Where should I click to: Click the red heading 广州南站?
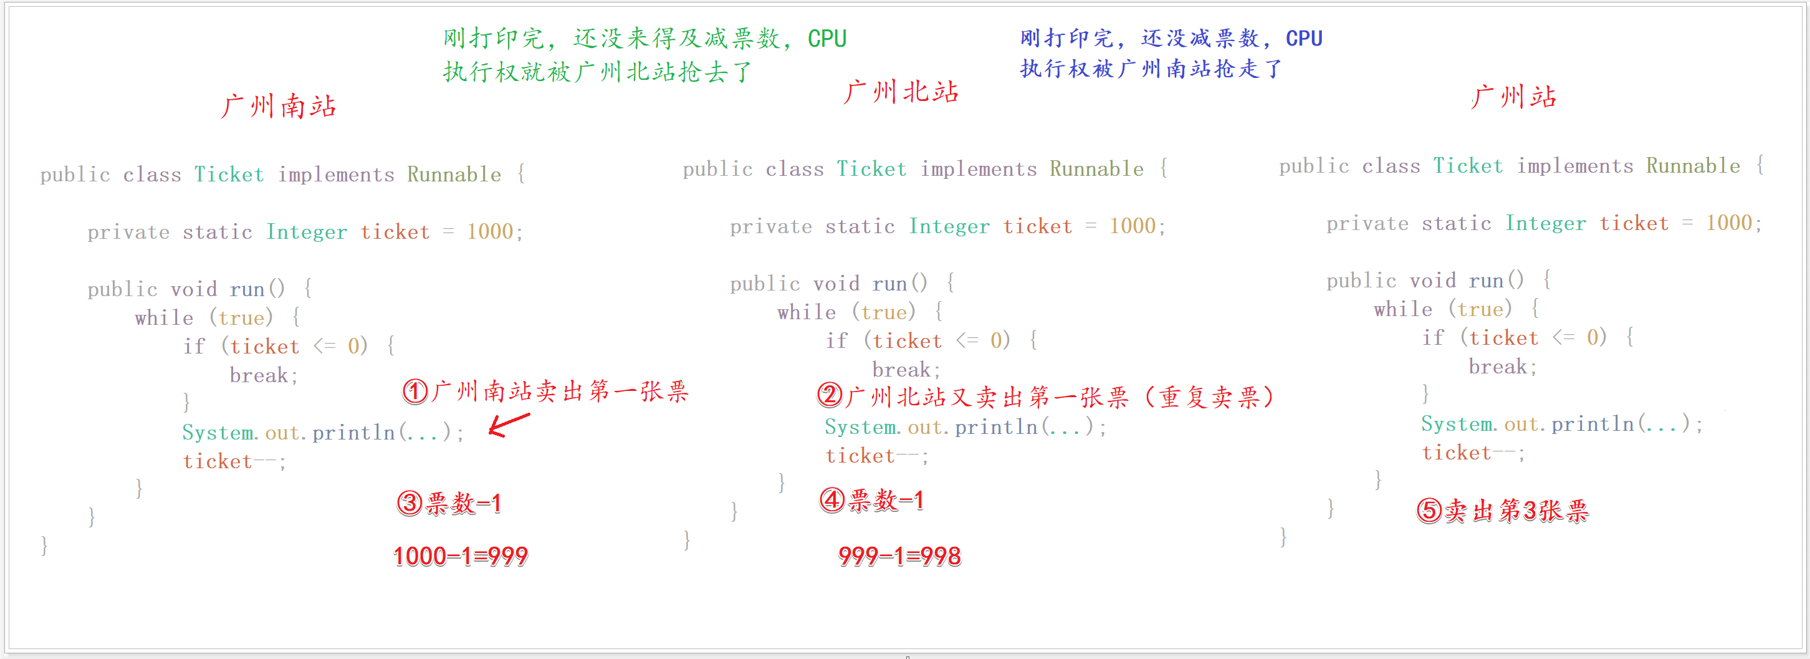click(x=278, y=107)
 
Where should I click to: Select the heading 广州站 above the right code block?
click(x=1513, y=97)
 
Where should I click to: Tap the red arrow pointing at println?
click(x=509, y=424)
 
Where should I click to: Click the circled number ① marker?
click(x=414, y=392)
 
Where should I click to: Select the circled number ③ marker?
click(x=409, y=503)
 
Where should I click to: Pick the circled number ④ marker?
click(x=832, y=500)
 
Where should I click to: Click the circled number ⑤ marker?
click(x=1429, y=510)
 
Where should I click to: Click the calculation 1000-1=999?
click(x=460, y=556)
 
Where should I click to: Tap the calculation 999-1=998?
click(x=899, y=556)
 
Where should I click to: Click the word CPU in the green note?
click(x=827, y=39)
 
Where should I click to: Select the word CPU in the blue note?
click(x=1304, y=39)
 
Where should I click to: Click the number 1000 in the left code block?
click(x=490, y=232)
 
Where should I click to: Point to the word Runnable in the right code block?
click(x=1693, y=166)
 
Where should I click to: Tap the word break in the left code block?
click(x=259, y=375)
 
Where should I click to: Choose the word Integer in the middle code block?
click(x=949, y=226)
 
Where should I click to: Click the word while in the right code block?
click(x=1402, y=309)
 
